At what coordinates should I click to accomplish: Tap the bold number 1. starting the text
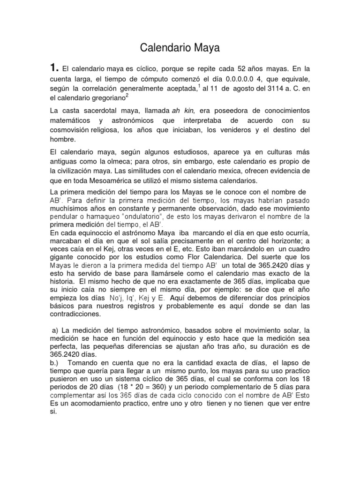coord(55,68)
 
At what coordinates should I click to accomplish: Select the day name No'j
coord(116,298)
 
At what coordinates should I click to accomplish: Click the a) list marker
coord(54,331)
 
